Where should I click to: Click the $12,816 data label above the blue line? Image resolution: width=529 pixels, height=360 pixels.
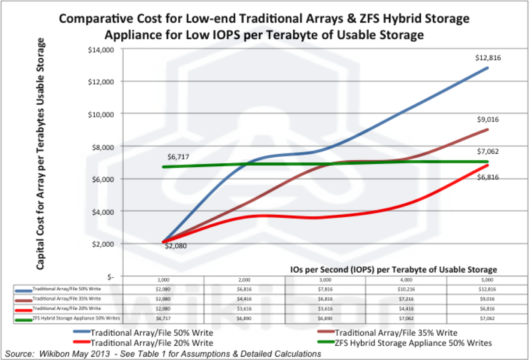click(x=488, y=58)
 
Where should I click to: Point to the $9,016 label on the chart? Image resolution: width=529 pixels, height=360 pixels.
click(x=488, y=120)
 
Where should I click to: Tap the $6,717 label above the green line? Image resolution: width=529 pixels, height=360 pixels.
click(x=178, y=157)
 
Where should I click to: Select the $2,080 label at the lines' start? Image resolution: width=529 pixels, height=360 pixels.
click(x=176, y=246)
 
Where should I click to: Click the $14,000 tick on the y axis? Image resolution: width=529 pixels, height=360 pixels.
click(x=101, y=50)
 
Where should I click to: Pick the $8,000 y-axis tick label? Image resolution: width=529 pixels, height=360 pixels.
click(x=103, y=147)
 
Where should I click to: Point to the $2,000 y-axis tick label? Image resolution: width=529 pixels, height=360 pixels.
click(x=103, y=244)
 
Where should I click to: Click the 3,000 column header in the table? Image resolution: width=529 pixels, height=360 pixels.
click(x=325, y=280)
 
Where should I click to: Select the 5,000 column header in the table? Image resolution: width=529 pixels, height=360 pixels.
click(x=487, y=280)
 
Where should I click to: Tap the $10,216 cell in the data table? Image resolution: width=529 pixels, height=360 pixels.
click(x=406, y=289)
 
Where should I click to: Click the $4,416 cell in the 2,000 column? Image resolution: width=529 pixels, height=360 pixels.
click(x=244, y=299)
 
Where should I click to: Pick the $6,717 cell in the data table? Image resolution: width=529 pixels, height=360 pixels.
click(x=163, y=318)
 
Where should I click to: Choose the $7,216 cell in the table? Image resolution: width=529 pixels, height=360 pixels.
click(x=406, y=299)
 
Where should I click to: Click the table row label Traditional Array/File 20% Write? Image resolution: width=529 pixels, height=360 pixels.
click(x=67, y=309)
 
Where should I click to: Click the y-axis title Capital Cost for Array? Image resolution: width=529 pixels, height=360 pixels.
click(x=40, y=154)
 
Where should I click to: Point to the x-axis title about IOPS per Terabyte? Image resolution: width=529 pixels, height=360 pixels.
click(x=393, y=270)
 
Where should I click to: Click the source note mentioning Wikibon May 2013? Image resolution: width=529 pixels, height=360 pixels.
click(x=163, y=354)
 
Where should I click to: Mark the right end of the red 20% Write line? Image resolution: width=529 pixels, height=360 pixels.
click(x=487, y=165)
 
